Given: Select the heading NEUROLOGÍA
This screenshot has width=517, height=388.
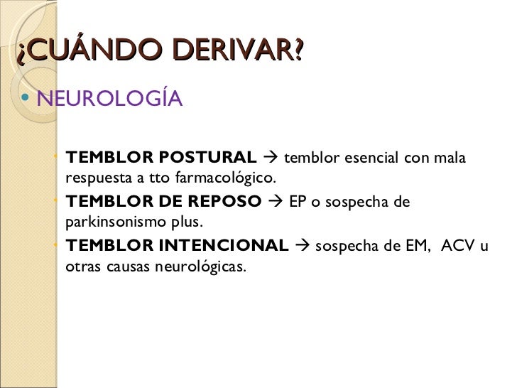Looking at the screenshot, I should click(x=109, y=99).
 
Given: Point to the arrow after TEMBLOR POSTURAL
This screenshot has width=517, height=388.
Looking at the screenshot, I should click(x=271, y=157).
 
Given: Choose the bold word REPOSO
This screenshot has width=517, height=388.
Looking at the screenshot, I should click(x=225, y=202).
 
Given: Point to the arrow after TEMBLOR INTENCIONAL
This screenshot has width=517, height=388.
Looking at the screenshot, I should click(x=301, y=247).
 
